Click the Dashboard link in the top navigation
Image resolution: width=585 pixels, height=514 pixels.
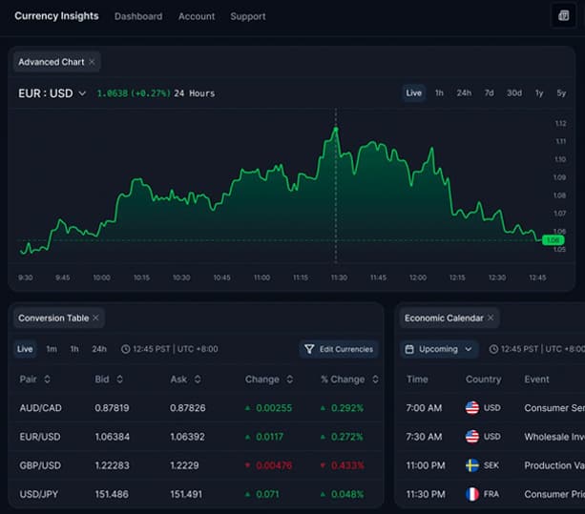pyautogui.click(x=138, y=16)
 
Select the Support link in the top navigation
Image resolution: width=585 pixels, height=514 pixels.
pyautogui.click(x=248, y=16)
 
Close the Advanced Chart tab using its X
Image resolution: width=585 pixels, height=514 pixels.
pyautogui.click(x=92, y=62)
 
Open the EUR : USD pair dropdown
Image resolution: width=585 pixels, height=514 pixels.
pyautogui.click(x=52, y=93)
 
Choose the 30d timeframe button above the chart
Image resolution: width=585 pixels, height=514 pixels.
pyautogui.click(x=514, y=93)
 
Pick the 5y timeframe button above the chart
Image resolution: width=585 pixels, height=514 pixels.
pyautogui.click(x=561, y=93)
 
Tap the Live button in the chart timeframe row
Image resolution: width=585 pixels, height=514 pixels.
pyautogui.click(x=413, y=93)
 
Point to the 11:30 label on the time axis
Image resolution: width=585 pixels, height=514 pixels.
pyautogui.click(x=339, y=278)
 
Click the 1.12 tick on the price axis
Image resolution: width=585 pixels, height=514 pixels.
pyautogui.click(x=561, y=124)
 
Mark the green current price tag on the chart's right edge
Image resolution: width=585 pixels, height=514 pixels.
pyautogui.click(x=552, y=240)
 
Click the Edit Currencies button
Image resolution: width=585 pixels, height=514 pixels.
pyautogui.click(x=339, y=349)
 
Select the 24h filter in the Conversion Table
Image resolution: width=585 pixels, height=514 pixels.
pyautogui.click(x=99, y=349)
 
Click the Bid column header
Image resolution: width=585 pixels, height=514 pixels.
pyautogui.click(x=107, y=380)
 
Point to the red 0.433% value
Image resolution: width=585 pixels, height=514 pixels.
pyautogui.click(x=346, y=466)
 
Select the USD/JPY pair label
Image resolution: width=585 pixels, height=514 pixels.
pyautogui.click(x=41, y=495)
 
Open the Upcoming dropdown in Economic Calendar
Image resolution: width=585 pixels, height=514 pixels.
pyautogui.click(x=439, y=349)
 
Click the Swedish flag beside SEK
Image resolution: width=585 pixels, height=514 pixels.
pyautogui.click(x=472, y=466)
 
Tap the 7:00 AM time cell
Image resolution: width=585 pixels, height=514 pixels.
pyautogui.click(x=424, y=408)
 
